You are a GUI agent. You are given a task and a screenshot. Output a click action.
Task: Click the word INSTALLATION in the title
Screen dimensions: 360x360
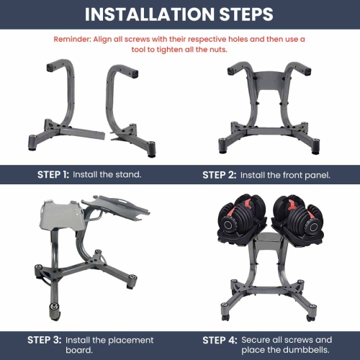pyautogui.click(x=150, y=14)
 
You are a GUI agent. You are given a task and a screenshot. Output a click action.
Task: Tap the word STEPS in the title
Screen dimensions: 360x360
pyautogui.click(x=246, y=14)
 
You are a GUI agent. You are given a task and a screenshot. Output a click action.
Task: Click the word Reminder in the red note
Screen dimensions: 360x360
pyautogui.click(x=72, y=39)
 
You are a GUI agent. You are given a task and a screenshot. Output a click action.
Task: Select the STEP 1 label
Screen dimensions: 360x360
pyautogui.click(x=53, y=174)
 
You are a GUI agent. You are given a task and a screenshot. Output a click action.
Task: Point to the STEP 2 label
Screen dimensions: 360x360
pyautogui.click(x=220, y=175)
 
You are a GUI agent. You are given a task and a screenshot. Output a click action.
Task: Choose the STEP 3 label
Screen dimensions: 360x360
pyautogui.click(x=45, y=340)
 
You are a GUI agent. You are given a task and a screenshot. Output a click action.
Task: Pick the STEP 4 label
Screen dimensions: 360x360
pyautogui.click(x=220, y=341)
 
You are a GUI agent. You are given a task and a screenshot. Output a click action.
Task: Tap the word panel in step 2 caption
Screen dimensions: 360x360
pyautogui.click(x=317, y=176)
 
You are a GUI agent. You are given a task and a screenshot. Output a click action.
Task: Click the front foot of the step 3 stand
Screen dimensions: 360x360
pyautogui.click(x=55, y=312)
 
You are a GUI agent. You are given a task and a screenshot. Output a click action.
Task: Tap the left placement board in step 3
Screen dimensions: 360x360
pyautogui.click(x=61, y=215)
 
